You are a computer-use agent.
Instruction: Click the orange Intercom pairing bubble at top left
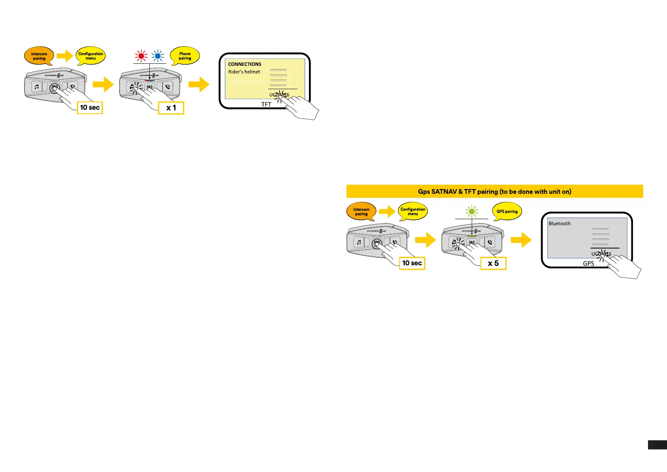click(x=39, y=56)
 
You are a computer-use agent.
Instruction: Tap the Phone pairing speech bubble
click(x=185, y=56)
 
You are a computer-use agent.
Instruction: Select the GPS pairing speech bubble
click(x=507, y=212)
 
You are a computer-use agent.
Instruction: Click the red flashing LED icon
click(x=141, y=56)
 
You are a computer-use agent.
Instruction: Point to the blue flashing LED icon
click(x=158, y=56)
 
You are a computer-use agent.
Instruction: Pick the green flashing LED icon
click(x=471, y=212)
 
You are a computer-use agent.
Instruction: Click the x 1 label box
click(x=171, y=108)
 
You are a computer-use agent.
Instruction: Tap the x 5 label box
click(x=493, y=263)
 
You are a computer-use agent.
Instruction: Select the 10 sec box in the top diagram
click(x=90, y=107)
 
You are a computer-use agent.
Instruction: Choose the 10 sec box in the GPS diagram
click(x=412, y=263)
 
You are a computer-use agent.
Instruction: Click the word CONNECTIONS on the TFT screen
click(x=245, y=64)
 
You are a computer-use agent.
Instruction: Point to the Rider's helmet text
click(x=244, y=72)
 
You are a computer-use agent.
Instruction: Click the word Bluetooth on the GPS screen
click(x=560, y=224)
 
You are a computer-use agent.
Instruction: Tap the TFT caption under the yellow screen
click(x=266, y=105)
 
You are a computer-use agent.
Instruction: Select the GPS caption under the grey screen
click(x=588, y=264)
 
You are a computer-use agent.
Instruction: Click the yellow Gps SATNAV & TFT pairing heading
click(x=494, y=191)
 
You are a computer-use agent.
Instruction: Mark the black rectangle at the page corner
click(x=657, y=445)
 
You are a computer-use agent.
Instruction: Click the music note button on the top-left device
click(x=37, y=86)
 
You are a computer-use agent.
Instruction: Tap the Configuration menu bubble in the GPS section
click(x=413, y=212)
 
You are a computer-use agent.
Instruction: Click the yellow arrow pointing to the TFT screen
click(x=199, y=84)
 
